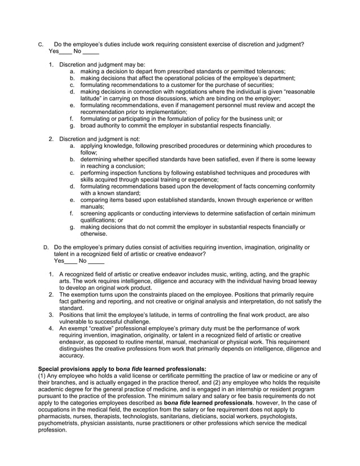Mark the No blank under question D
[96, 262]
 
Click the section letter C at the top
[39, 44]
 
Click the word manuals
[92, 206]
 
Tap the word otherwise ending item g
[93, 234]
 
